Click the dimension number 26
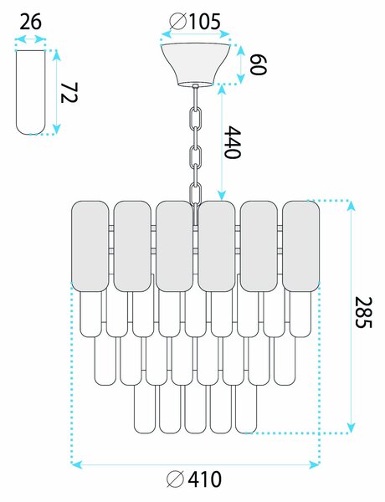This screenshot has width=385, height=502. click(x=30, y=22)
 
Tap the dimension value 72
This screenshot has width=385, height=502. click(x=69, y=93)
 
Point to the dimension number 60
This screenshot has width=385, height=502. click(x=258, y=64)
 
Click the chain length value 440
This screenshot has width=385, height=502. click(x=232, y=142)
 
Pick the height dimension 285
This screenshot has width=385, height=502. click(x=364, y=312)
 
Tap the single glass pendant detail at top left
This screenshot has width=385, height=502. click(x=30, y=92)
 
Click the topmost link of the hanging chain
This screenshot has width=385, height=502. click(x=195, y=117)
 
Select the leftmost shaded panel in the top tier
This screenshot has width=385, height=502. click(x=90, y=246)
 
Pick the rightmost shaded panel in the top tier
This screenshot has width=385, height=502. click(x=300, y=246)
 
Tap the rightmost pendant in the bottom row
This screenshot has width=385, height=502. click(x=246, y=409)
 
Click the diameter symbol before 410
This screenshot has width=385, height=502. click(x=176, y=479)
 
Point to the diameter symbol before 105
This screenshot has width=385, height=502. click(x=178, y=22)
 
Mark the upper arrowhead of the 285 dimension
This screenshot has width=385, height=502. click(x=352, y=206)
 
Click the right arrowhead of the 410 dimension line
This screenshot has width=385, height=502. click(x=315, y=464)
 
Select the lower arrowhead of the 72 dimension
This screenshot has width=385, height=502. click(x=56, y=130)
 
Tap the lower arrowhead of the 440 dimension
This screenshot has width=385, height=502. click(x=222, y=196)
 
